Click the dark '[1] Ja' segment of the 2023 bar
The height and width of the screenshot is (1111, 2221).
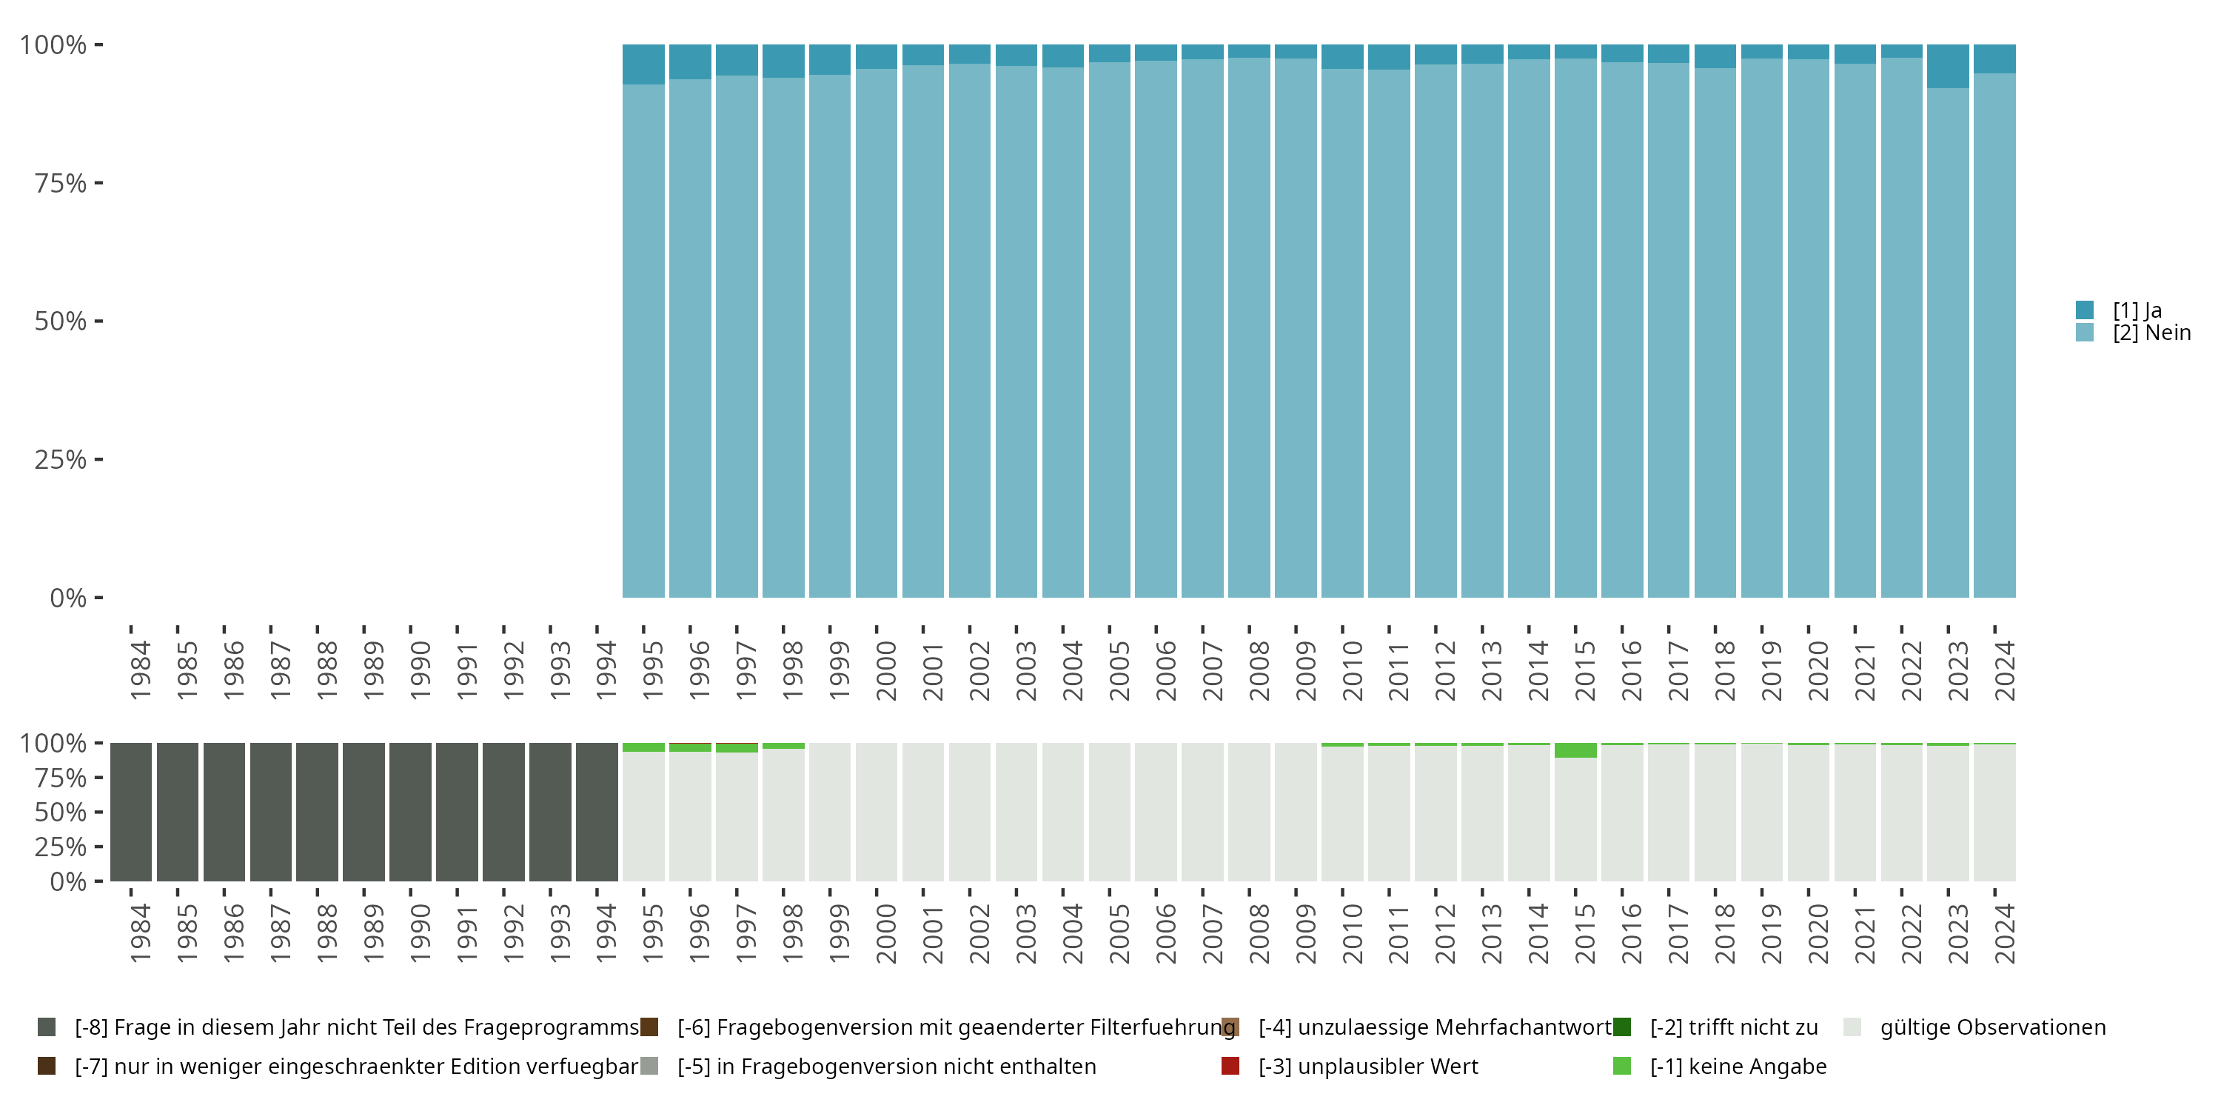coord(1948,67)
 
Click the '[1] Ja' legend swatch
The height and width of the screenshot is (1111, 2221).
coord(2085,310)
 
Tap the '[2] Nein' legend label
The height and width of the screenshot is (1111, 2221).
coord(2151,333)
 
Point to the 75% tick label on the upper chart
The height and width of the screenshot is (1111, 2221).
coord(61,183)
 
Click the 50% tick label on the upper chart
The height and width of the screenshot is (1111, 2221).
coord(61,321)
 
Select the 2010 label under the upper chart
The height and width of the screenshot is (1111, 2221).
coord(1352,670)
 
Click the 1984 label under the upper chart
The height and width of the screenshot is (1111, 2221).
coord(140,670)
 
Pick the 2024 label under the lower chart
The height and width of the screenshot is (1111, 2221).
coord(2005,933)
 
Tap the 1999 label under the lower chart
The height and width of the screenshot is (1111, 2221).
coord(839,933)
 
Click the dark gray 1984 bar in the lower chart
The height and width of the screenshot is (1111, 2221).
coord(131,812)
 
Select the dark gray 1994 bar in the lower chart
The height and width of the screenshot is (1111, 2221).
coord(597,812)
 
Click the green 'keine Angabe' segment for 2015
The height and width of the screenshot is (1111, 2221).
coord(1575,750)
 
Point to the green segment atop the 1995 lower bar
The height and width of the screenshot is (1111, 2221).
coord(643,747)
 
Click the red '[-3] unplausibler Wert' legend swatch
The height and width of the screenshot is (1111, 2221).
coord(1230,1066)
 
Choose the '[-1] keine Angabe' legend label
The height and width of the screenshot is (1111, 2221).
coord(1738,1066)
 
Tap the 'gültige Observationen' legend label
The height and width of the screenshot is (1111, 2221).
coord(1992,1027)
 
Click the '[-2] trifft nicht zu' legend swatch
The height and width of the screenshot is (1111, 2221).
coord(1622,1027)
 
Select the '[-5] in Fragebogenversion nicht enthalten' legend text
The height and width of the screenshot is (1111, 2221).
coord(886,1066)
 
